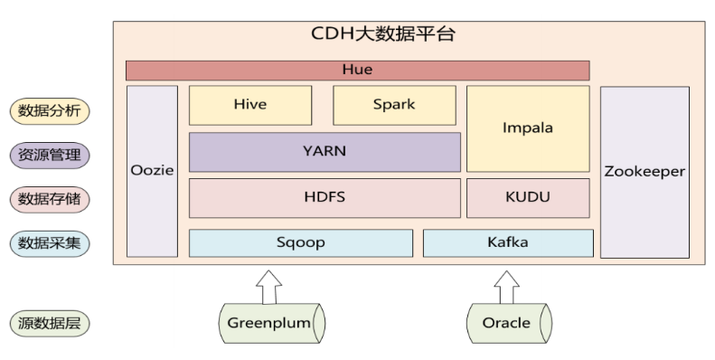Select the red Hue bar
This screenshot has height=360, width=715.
[357, 70]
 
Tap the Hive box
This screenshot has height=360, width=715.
[249, 105]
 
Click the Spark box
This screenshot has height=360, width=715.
[394, 105]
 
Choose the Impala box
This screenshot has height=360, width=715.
[527, 128]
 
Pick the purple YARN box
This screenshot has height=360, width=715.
[324, 152]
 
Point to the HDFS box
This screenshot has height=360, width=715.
[324, 197]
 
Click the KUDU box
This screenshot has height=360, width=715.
[527, 197]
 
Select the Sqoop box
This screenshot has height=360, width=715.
[300, 243]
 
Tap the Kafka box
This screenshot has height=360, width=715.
[507, 243]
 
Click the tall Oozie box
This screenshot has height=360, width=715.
[152, 172]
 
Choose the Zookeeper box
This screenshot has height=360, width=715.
[644, 172]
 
